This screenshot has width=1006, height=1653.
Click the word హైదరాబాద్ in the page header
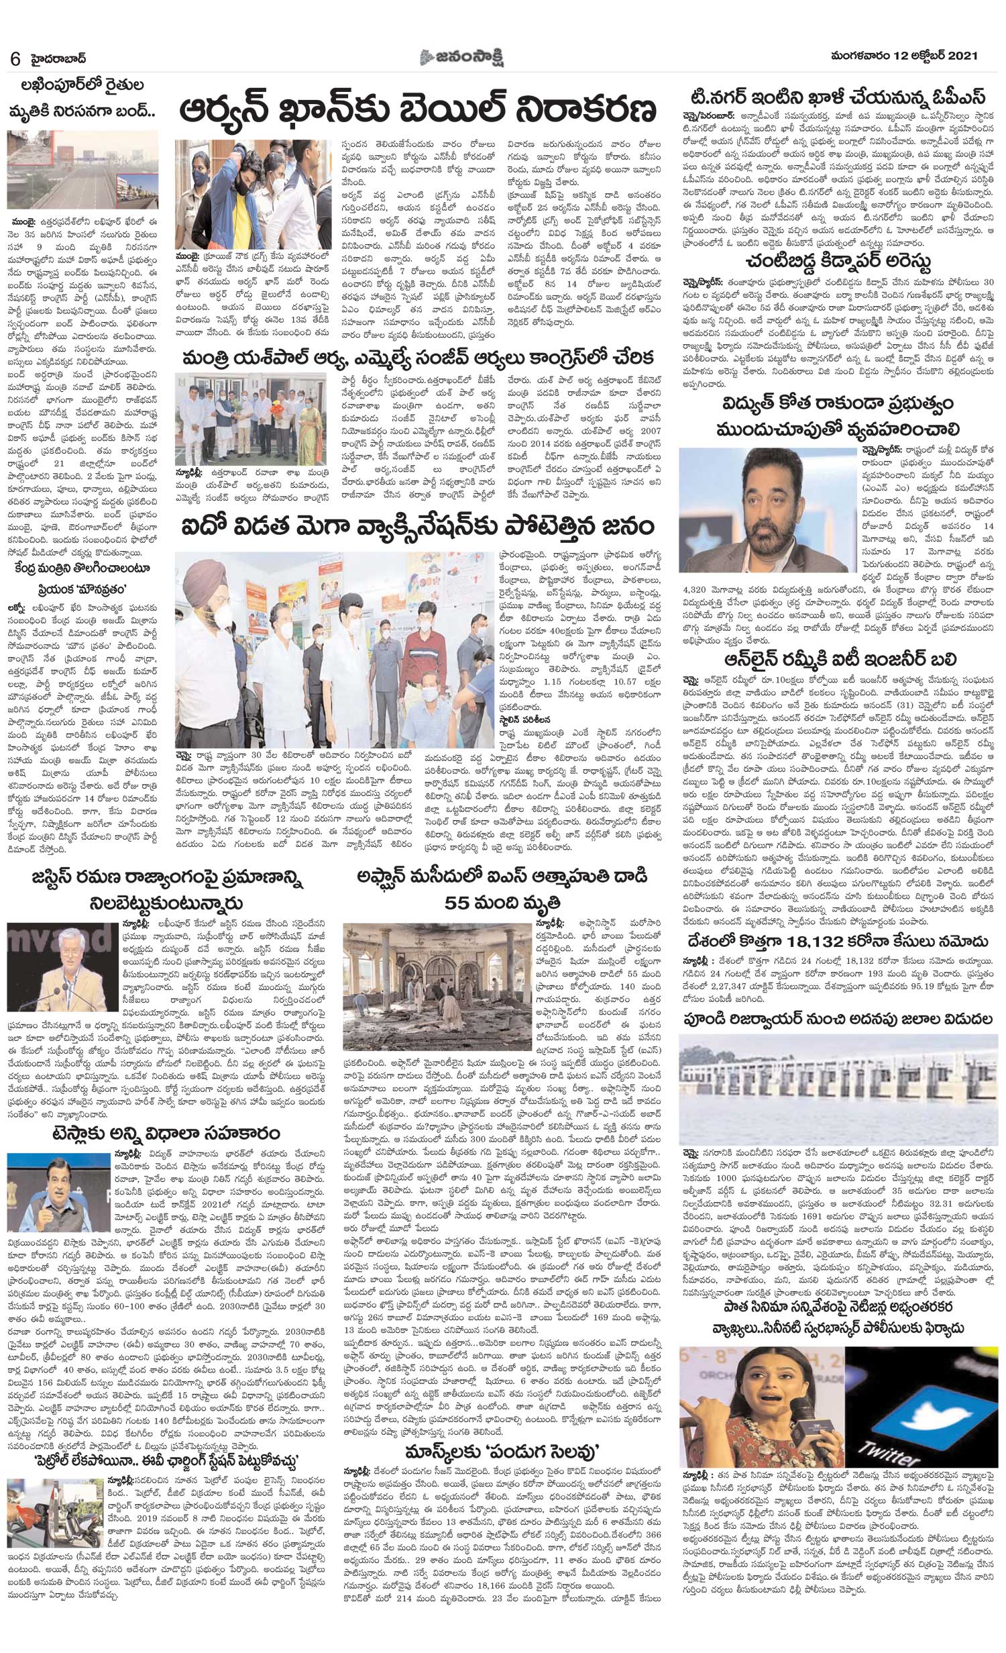[61, 58]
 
